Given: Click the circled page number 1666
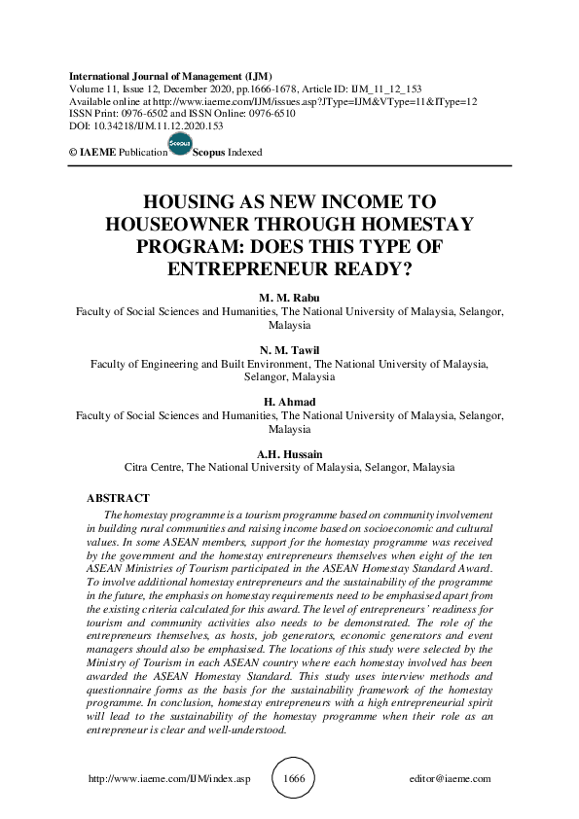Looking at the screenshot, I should pyautogui.click(x=292, y=779).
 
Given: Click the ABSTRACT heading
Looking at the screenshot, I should pyautogui.click(x=118, y=498).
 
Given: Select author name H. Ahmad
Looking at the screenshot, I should pyautogui.click(x=289, y=403).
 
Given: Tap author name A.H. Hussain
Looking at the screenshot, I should pyautogui.click(x=289, y=454).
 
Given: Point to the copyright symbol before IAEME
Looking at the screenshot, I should pyautogui.click(x=72, y=154).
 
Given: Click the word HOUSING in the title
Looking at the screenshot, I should pyautogui.click(x=187, y=202).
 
